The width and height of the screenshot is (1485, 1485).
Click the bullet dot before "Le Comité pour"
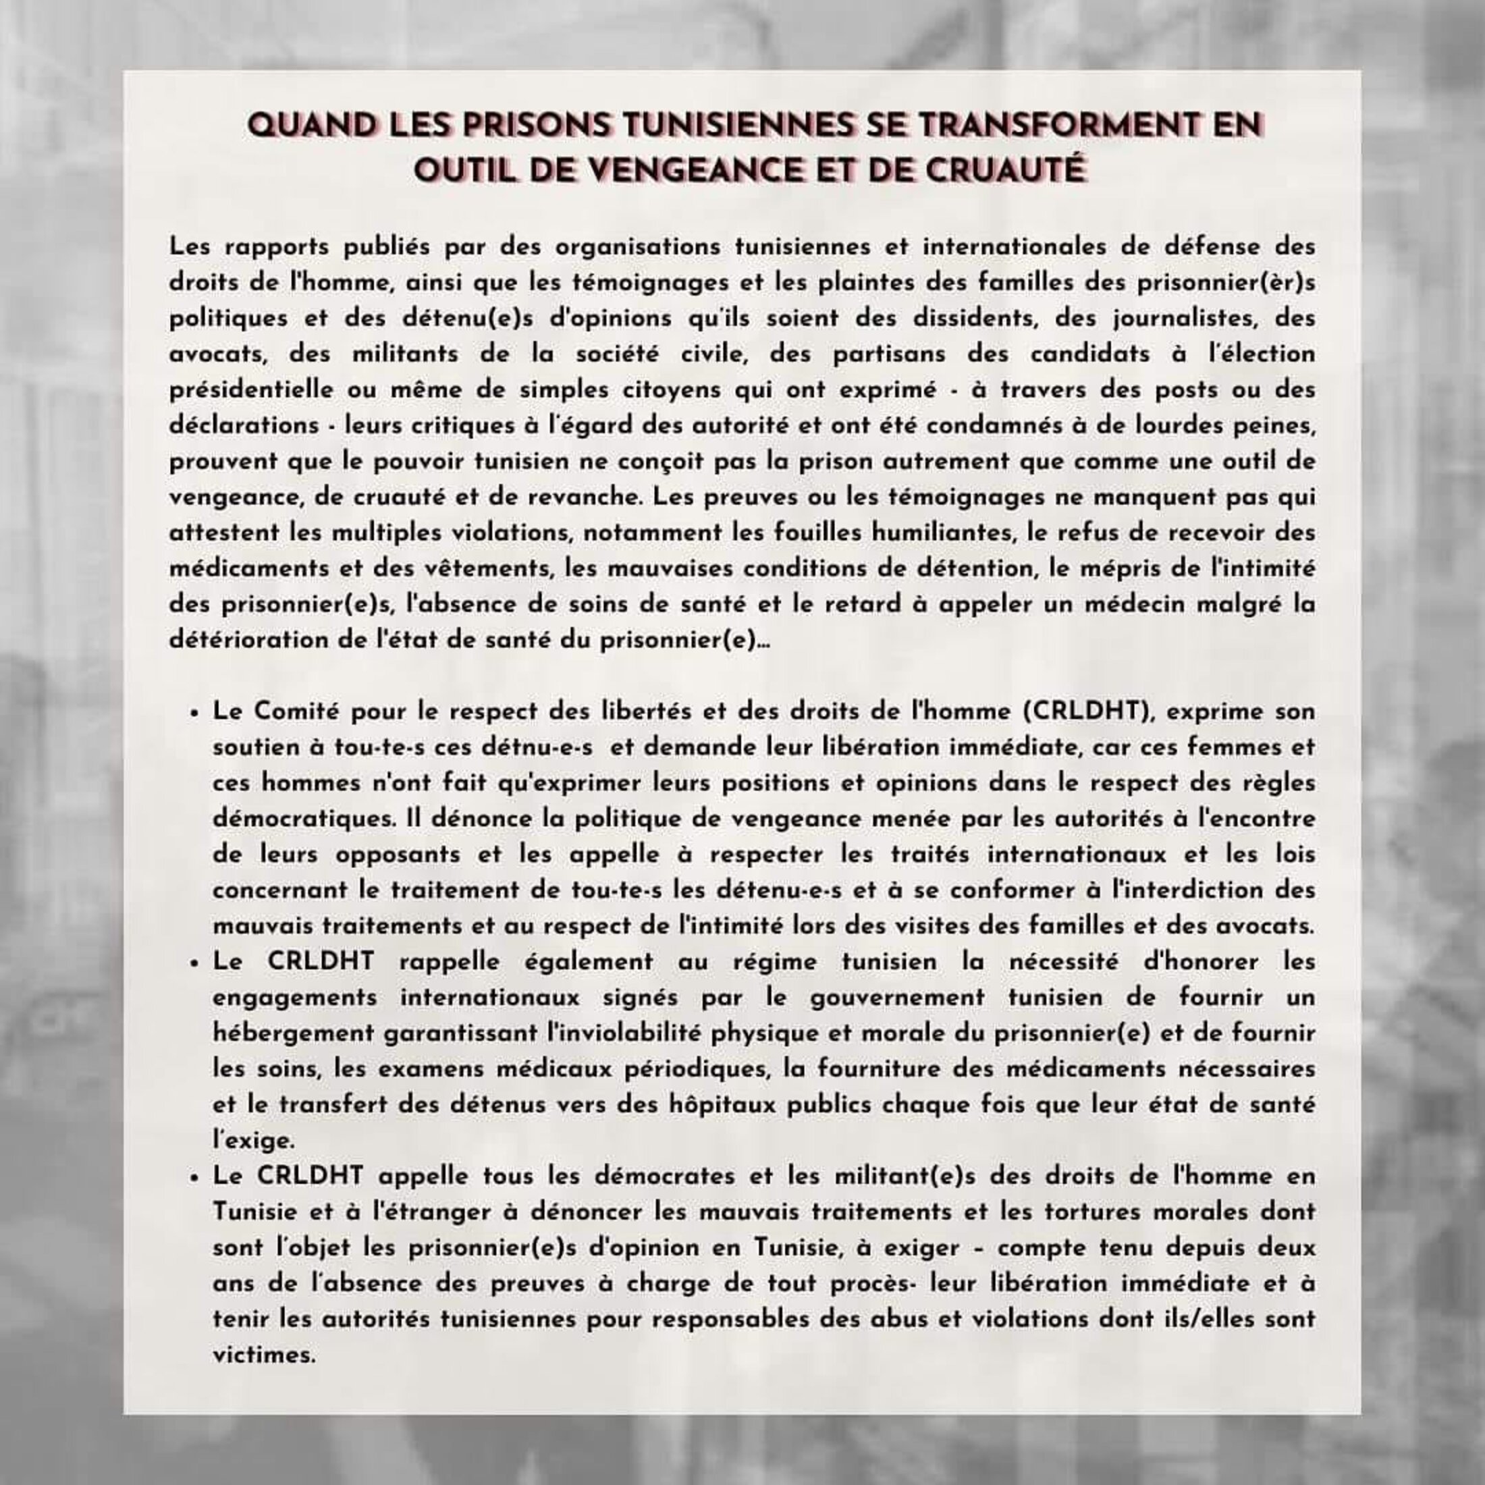pyautogui.click(x=194, y=713)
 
